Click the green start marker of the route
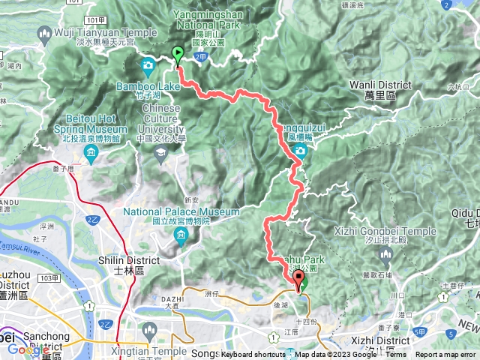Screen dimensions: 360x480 tap(178, 55)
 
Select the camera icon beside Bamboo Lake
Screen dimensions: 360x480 tap(148, 65)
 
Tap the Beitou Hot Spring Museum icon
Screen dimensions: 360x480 tap(91, 155)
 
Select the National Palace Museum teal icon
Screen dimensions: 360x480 tap(181, 238)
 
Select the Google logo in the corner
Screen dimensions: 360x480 tap(28, 349)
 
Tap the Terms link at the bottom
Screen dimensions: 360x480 tap(396, 355)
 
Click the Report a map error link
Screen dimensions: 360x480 tap(446, 355)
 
